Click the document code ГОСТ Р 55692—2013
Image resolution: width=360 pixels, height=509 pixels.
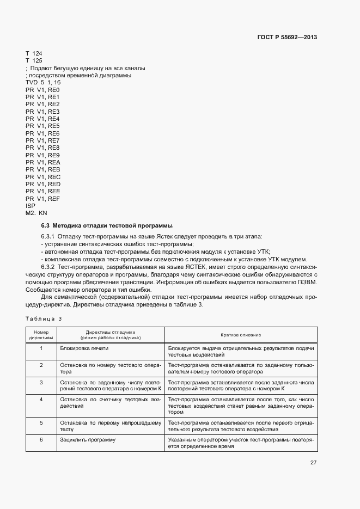286,38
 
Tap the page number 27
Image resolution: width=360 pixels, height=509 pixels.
314,463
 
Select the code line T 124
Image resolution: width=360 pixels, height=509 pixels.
34,53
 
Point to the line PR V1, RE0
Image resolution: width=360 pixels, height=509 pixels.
42,90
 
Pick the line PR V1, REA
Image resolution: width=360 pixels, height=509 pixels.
42,163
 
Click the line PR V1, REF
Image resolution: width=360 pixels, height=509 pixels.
42,199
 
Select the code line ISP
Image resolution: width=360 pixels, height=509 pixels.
30,206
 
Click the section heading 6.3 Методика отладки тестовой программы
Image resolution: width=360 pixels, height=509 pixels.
107,225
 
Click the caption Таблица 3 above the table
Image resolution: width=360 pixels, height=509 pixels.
44,318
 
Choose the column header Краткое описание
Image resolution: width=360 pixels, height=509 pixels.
240,334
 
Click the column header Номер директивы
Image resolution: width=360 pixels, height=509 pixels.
41,334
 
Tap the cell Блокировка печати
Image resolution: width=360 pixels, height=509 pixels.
84,347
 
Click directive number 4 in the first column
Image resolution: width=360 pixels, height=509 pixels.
41,400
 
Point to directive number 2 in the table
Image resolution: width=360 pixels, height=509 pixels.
41,365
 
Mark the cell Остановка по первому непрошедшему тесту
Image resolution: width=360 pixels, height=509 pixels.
111,425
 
